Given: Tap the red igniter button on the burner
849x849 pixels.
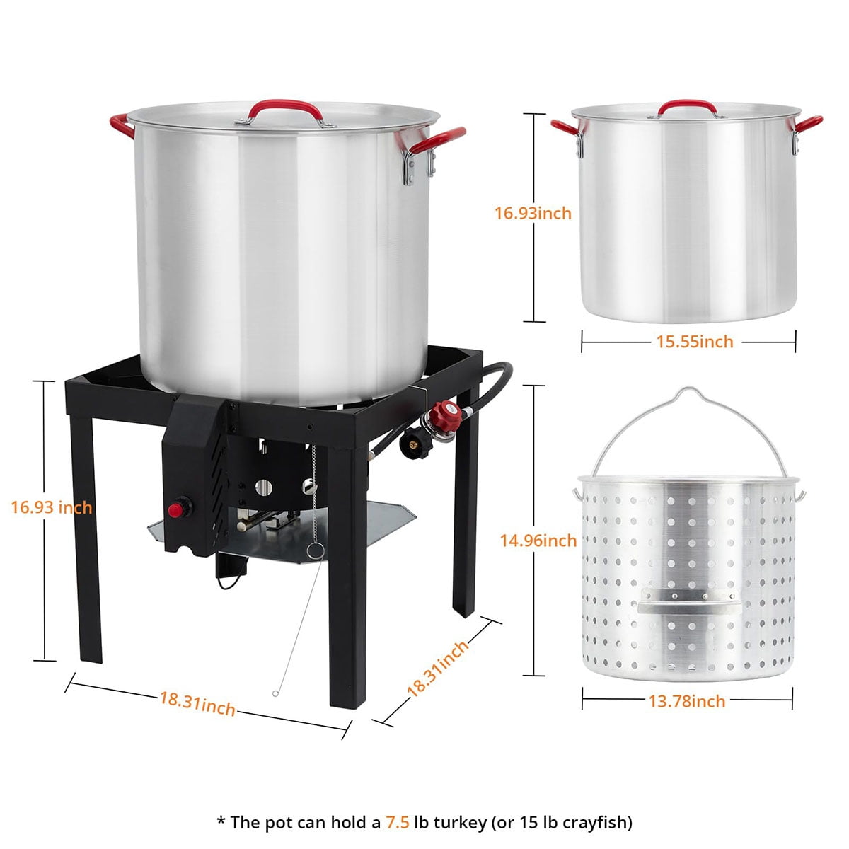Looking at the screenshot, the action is coord(175,510).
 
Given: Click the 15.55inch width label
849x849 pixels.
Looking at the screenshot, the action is coord(695,342).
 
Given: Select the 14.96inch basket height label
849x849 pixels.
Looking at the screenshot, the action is coord(538,540).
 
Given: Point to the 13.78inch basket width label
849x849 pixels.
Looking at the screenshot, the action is coord(687,701).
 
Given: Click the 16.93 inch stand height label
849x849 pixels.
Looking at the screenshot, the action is coord(52,507).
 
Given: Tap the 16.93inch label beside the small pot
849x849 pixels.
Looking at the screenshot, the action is coord(533,213).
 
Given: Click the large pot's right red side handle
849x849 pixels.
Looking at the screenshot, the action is coord(437,140).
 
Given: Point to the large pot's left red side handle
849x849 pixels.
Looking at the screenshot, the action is coord(122,125).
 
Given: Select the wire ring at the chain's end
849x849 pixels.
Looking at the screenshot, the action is coord(316,550).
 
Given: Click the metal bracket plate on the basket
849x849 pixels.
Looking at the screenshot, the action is coord(690,601).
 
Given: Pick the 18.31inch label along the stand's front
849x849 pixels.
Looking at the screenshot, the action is coord(197,704).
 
